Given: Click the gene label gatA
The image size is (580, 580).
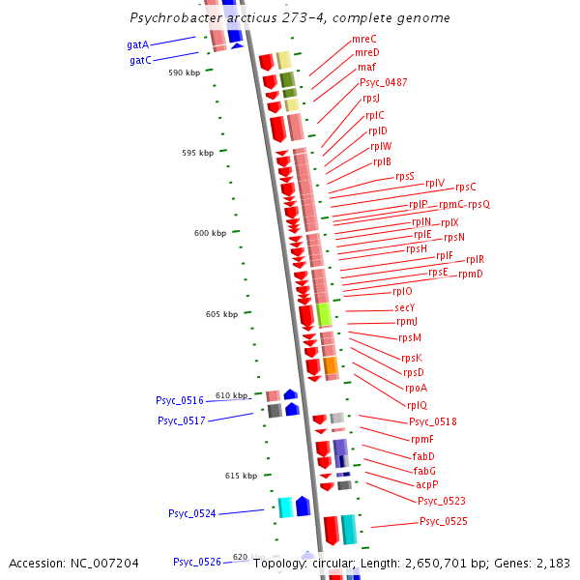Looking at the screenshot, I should pos(137,44).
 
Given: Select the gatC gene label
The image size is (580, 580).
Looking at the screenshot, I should pos(140,60).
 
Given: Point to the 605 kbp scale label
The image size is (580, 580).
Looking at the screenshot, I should pos(221,314).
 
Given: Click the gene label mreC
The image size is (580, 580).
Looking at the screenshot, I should pos(364,39).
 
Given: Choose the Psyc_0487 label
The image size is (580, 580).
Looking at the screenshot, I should pos(383,82).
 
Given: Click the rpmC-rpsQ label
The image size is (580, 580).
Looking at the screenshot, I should pos(464,204).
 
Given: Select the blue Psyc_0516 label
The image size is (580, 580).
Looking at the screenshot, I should pos(180,400).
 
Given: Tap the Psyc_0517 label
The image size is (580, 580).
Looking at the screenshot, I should pos(181,420).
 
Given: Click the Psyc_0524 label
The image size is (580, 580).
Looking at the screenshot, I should pos(191,513).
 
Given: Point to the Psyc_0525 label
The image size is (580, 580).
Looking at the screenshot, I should pos(443,522).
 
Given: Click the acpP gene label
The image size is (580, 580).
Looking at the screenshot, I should pos(427,484).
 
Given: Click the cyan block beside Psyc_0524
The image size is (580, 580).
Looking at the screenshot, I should pos(285,507).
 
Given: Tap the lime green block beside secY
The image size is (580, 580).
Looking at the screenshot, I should pos(324,314).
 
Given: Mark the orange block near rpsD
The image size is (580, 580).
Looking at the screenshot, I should pos(331,365).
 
